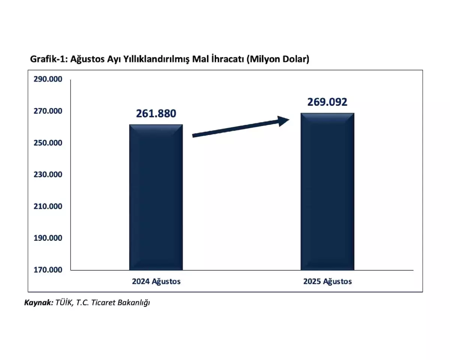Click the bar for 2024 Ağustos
click(x=156, y=197)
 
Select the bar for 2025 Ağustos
click(x=327, y=191)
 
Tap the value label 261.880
click(x=156, y=114)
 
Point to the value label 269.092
click(x=327, y=102)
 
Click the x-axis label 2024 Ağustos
click(x=156, y=281)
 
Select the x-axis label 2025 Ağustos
click(x=327, y=281)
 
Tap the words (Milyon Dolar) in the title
click(x=278, y=59)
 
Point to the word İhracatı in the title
click(x=225, y=59)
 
